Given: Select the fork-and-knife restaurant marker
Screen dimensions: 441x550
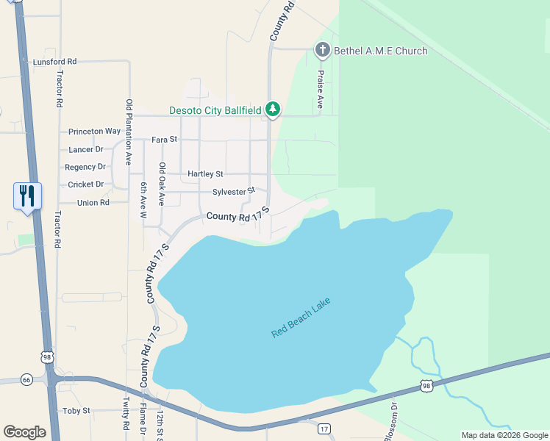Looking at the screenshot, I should (28, 196).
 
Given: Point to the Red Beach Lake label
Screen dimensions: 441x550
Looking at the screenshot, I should (301, 318).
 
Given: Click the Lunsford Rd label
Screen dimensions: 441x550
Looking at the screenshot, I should (55, 62).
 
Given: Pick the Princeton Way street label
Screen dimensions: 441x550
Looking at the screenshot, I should (94, 132).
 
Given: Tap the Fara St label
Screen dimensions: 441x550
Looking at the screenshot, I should (165, 139).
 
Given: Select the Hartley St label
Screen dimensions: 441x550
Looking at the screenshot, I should (205, 174).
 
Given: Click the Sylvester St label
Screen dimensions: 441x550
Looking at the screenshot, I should (233, 192).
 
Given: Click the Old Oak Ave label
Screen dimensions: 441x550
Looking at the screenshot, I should (162, 184).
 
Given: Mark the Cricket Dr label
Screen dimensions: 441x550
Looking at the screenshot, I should (86, 184).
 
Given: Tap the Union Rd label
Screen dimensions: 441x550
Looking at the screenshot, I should (93, 202).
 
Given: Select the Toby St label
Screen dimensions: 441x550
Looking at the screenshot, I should (76, 411).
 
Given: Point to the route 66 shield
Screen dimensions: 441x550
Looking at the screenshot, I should (27, 379).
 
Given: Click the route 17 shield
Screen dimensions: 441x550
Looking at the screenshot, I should (324, 428).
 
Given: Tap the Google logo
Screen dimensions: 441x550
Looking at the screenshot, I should (24, 432).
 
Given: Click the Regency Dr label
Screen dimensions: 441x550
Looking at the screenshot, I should (86, 167).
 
